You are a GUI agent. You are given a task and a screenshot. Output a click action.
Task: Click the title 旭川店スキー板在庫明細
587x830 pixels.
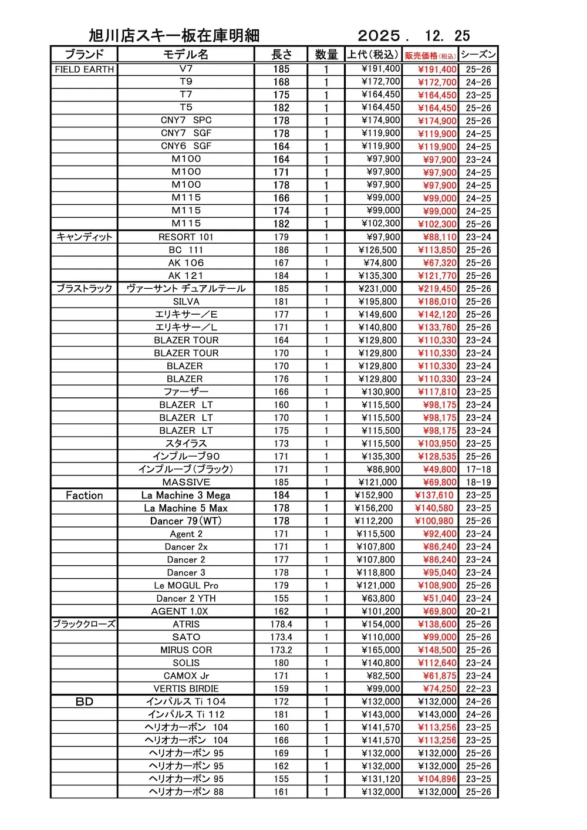pos(174,36)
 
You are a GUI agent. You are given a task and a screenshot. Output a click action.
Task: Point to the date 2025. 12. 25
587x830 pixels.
pos(414,36)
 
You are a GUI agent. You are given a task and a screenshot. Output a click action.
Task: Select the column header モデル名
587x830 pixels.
pos(185,55)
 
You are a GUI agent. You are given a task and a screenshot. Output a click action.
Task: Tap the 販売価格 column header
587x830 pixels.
pos(430,55)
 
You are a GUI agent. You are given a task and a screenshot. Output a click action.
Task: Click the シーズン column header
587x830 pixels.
pos(478,55)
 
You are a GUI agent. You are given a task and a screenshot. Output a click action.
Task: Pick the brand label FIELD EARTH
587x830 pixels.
pos(84,69)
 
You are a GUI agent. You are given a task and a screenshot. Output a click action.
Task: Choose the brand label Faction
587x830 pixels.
pos(84,495)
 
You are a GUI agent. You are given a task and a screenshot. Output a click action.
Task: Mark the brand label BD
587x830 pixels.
pos(84,701)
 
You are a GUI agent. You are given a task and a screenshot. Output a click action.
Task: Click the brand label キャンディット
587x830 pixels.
pos(84,237)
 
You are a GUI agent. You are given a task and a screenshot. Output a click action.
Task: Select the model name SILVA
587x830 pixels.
pos(185,302)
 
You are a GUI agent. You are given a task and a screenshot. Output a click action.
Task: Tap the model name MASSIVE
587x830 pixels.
pos(185,483)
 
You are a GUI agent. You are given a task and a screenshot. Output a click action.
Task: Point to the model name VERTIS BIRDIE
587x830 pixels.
pos(185,689)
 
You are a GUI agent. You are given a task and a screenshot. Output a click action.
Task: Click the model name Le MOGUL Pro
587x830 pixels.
pos(185,586)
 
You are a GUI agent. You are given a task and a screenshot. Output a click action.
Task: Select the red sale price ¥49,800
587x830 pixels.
pos(440,470)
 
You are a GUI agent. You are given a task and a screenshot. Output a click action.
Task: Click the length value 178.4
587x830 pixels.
pos(281,625)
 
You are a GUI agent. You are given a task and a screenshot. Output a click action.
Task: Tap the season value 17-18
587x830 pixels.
pos(478,470)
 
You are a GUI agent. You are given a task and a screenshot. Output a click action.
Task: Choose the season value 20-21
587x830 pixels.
pos(478,612)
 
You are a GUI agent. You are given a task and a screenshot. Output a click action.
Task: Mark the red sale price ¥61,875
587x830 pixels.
pos(440,676)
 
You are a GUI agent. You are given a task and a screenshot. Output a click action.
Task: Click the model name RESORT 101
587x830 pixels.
pos(185,237)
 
